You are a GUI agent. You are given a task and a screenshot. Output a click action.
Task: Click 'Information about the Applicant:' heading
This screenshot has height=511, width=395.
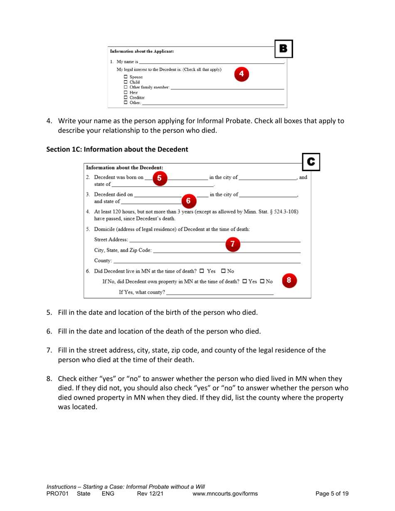click(x=142, y=52)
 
